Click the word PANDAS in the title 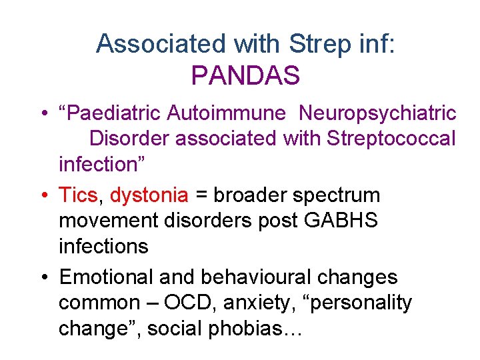245,75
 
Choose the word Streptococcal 390,139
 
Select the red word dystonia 149,195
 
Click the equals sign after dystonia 201,196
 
